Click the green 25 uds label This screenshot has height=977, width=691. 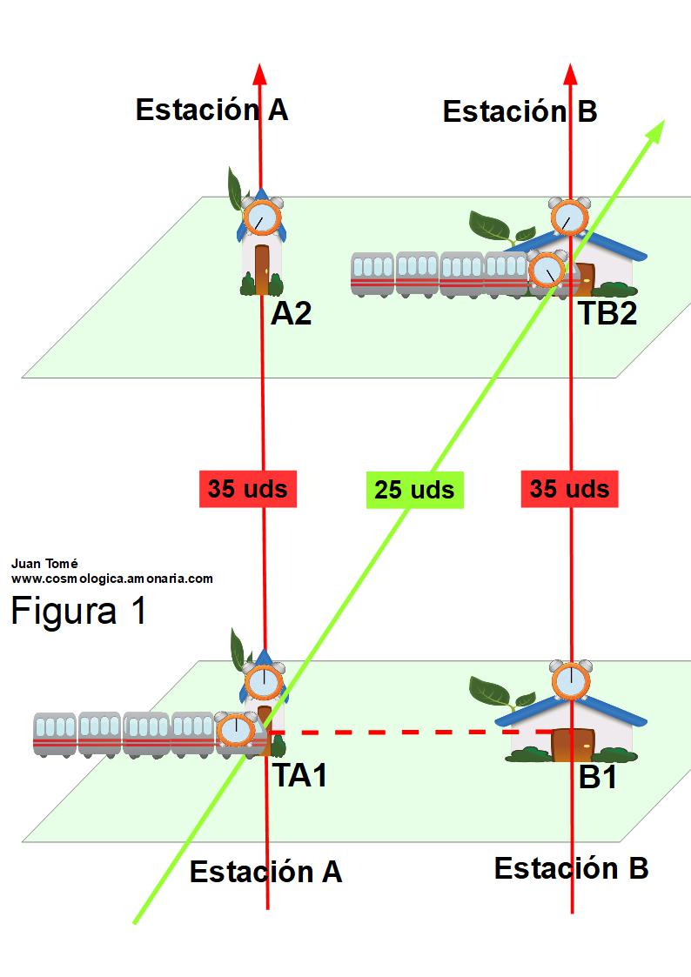(414, 490)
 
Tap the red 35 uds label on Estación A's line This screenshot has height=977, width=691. (248, 489)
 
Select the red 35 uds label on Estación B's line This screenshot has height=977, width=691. (569, 489)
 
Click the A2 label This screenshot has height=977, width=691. (291, 314)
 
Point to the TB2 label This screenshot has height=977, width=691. (608, 313)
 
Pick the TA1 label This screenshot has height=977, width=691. (300, 775)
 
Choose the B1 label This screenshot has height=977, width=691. (598, 777)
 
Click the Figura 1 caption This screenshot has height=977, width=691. (78, 611)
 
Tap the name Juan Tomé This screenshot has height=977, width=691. (44, 563)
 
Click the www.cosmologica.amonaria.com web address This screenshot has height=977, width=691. (112, 578)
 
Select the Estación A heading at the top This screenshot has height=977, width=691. (211, 110)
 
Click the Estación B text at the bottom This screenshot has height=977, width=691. (571, 868)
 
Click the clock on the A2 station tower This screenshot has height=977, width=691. (261, 217)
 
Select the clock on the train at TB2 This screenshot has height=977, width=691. (547, 271)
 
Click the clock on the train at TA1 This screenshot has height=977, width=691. (234, 731)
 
